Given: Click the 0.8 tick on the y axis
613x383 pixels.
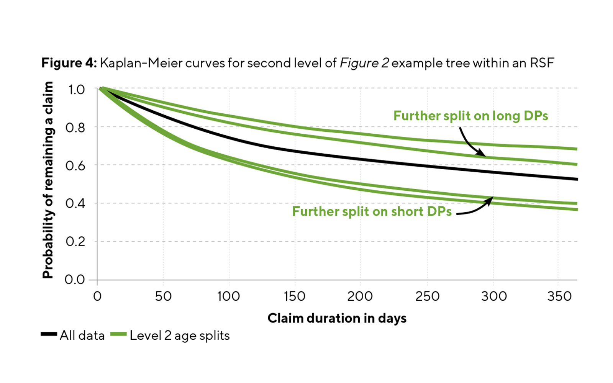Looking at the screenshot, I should (75, 128).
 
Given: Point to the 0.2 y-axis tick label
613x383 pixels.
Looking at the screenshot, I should (75, 242).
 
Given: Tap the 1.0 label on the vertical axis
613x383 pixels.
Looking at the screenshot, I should (76, 90).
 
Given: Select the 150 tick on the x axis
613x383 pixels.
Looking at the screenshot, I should (294, 296).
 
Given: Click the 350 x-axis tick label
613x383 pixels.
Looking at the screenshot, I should (559, 296).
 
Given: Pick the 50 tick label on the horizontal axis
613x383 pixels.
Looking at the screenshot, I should (163, 296).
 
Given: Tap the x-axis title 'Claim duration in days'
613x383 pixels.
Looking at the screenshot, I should (337, 318).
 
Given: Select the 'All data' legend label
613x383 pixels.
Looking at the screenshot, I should (82, 336).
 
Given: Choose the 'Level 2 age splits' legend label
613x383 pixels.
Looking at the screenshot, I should (180, 336).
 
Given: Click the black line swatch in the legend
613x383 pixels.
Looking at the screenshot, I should (49, 334).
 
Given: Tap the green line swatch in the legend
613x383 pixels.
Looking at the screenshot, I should (118, 334).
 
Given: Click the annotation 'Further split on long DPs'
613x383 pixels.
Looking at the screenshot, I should (470, 116).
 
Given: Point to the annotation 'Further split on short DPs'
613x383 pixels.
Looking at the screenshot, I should (372, 211).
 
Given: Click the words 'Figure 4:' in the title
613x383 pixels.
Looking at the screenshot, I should (69, 63).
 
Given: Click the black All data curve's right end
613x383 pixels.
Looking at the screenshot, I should (576, 179).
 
